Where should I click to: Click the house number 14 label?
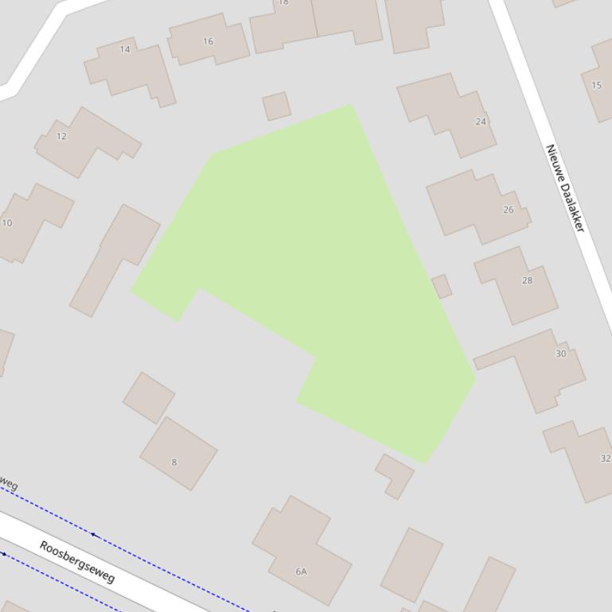click(x=125, y=49)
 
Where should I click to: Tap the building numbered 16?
click(x=209, y=40)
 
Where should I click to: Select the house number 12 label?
click(x=61, y=136)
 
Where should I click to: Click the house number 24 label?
click(x=481, y=122)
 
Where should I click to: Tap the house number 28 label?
click(x=527, y=280)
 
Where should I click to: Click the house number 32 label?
click(x=605, y=459)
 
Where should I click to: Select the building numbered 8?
click(x=178, y=453)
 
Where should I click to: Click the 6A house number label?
click(x=301, y=571)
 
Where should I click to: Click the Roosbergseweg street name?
click(x=77, y=562)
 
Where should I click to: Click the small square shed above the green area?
click(x=276, y=106)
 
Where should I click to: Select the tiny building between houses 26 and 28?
click(x=442, y=286)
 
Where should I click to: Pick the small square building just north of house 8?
click(x=149, y=397)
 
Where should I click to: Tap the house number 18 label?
click(x=283, y=2)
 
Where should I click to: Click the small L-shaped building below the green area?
click(x=394, y=474)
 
